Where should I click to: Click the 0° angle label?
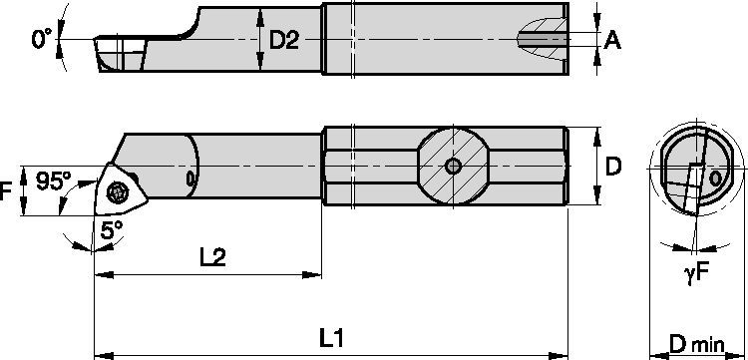click(x=41, y=39)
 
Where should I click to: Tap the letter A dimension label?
click(x=613, y=40)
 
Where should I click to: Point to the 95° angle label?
click(x=55, y=181)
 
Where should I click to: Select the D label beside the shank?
click(x=615, y=167)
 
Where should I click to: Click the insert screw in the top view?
click(x=117, y=188)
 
